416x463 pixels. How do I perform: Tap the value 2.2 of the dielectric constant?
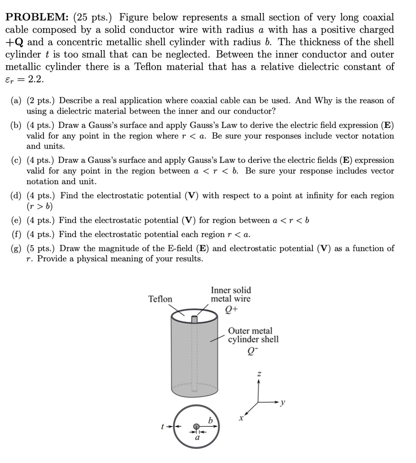point(36,80)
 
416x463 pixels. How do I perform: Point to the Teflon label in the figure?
point(161,299)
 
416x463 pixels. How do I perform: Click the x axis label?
point(241,418)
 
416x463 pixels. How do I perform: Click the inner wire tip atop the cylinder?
point(194,319)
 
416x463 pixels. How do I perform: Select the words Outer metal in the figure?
point(250,331)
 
